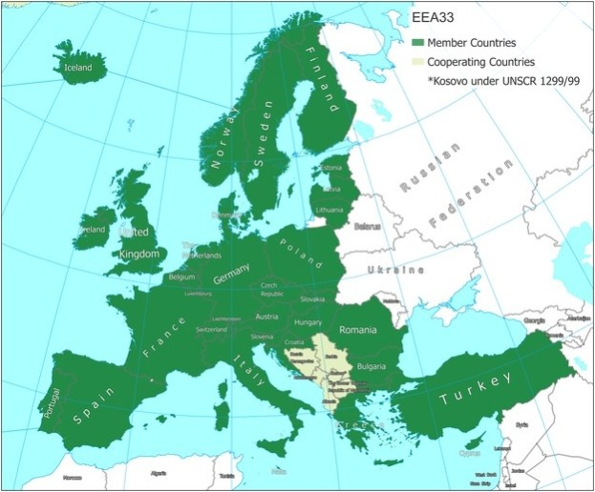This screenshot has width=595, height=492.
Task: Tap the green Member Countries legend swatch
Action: point(417,43)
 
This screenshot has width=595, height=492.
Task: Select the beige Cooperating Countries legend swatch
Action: point(417,62)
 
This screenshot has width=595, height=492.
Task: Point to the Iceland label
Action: point(77,68)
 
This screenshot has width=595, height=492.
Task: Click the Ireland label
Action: point(92,230)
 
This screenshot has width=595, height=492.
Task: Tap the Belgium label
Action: point(181,277)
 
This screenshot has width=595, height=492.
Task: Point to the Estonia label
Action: point(331,169)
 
